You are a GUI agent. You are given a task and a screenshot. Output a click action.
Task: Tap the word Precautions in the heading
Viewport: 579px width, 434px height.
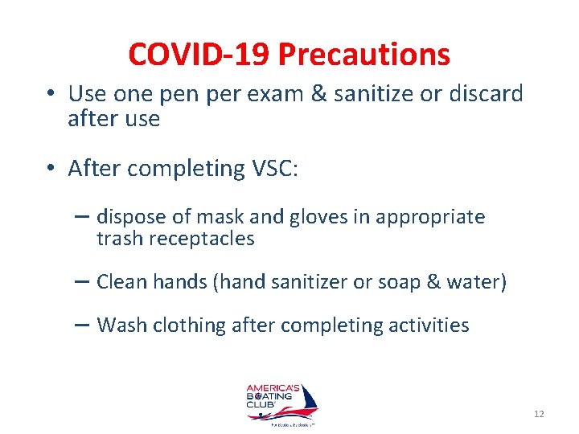(363, 55)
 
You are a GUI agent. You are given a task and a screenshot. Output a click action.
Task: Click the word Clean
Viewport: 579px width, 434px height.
(119, 282)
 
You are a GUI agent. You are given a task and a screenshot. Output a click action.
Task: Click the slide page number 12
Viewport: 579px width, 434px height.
(539, 414)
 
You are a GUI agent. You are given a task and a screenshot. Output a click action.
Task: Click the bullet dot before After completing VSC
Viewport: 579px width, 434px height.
(51, 169)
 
